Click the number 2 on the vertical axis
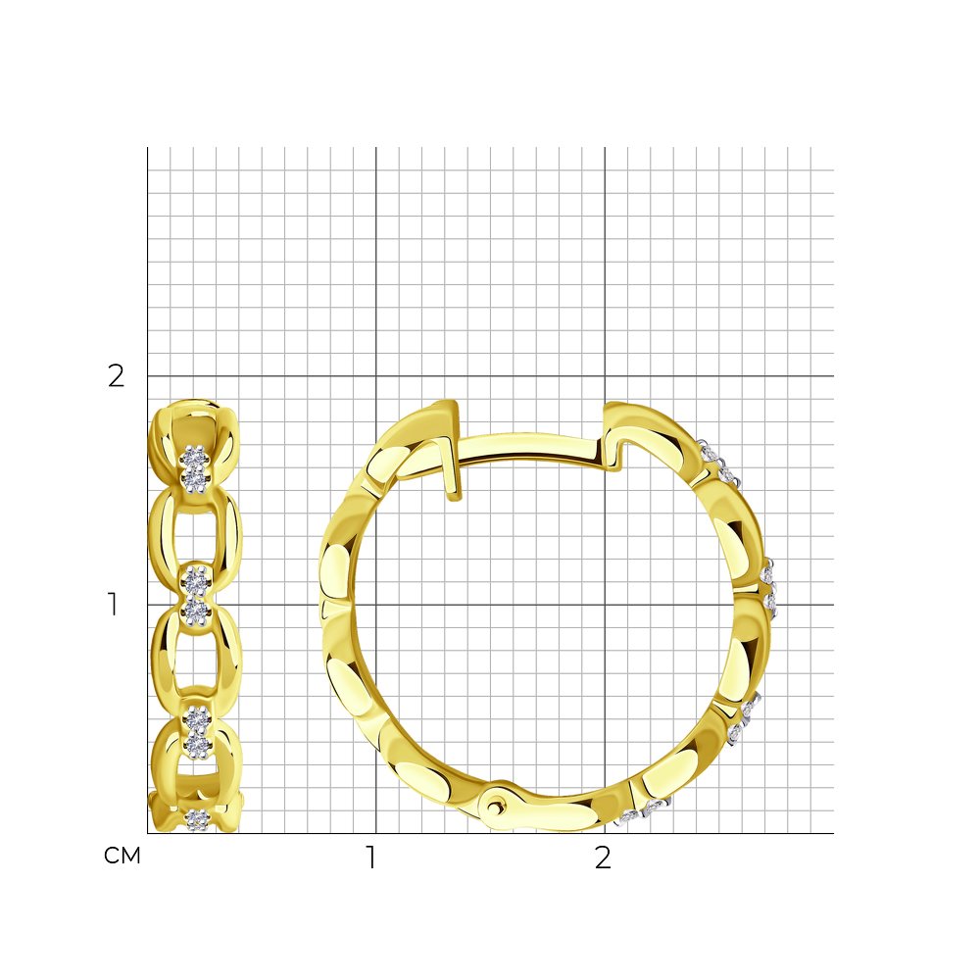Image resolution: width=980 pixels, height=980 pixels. pyautogui.click(x=117, y=376)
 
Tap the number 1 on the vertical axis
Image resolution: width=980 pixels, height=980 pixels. pyautogui.click(x=113, y=605)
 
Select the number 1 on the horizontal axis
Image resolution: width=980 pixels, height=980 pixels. pyautogui.click(x=371, y=857)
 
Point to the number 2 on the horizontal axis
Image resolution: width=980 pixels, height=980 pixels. pyautogui.click(x=603, y=857)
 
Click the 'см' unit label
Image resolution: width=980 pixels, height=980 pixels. pyautogui.click(x=122, y=856)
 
